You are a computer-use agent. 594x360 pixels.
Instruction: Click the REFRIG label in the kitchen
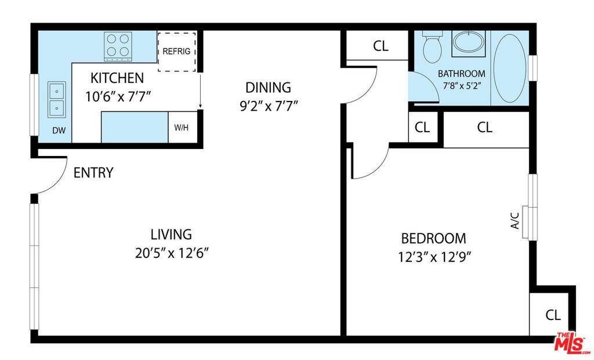[176, 51]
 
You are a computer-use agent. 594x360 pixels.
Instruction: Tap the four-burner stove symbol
[118, 46]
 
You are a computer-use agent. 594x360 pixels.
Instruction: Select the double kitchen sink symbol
[56, 100]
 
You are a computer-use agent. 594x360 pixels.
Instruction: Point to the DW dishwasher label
[59, 130]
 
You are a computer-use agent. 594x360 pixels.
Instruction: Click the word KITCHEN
[117, 78]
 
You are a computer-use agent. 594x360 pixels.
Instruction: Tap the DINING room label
[268, 88]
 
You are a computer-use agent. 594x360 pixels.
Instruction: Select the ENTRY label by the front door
[93, 173]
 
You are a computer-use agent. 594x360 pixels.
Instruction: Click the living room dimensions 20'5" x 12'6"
[172, 253]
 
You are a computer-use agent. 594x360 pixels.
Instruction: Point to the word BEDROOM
[433, 238]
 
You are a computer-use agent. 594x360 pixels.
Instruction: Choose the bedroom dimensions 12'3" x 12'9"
[434, 257]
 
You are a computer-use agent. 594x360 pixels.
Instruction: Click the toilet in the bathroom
[432, 46]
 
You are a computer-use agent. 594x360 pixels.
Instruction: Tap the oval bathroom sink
[469, 42]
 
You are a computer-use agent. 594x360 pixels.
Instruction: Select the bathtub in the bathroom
[510, 68]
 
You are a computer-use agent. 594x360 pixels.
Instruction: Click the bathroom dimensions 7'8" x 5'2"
[462, 86]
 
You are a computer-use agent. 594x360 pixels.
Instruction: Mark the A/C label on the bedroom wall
[515, 220]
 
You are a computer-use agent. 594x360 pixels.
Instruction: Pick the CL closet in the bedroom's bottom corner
[553, 315]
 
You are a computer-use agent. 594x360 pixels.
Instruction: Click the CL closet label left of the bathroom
[381, 46]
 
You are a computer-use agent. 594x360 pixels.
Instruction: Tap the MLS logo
[570, 342]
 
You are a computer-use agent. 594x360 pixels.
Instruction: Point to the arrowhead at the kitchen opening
[200, 106]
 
